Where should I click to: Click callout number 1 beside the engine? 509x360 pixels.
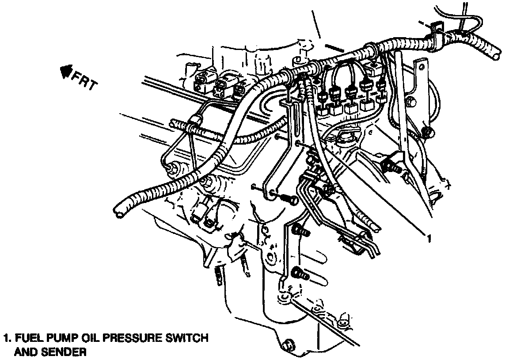click(x=428, y=239)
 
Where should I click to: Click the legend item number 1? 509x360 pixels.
click(x=6, y=340)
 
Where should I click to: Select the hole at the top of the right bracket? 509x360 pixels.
click(x=422, y=67)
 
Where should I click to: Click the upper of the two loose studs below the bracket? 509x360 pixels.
click(x=300, y=230)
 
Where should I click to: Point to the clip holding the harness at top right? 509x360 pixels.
click(x=436, y=29)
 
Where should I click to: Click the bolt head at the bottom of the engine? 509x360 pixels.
click(x=288, y=344)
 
